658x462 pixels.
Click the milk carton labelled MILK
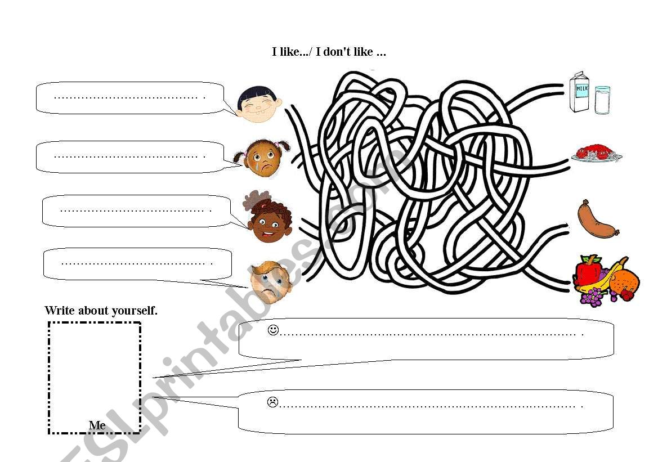pyautogui.click(x=580, y=92)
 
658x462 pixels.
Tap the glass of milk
pyautogui.click(x=602, y=100)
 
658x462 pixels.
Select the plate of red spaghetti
pyautogui.click(x=596, y=153)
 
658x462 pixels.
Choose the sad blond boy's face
pyautogui.click(x=271, y=281)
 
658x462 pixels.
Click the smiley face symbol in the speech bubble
pyautogui.click(x=273, y=330)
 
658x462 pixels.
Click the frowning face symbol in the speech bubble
pyautogui.click(x=273, y=402)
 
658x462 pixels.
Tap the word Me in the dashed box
pyautogui.click(x=97, y=425)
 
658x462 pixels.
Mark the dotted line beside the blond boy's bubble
pyautogui.click(x=137, y=264)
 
